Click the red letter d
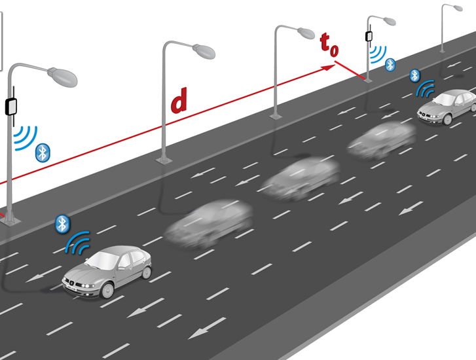point(179,101)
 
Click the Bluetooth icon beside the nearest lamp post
point(43,153)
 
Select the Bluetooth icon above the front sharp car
point(62,224)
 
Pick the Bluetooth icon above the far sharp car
point(414,75)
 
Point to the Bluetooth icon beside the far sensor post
point(390,64)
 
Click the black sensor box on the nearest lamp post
point(11,105)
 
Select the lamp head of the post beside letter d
point(202,50)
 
